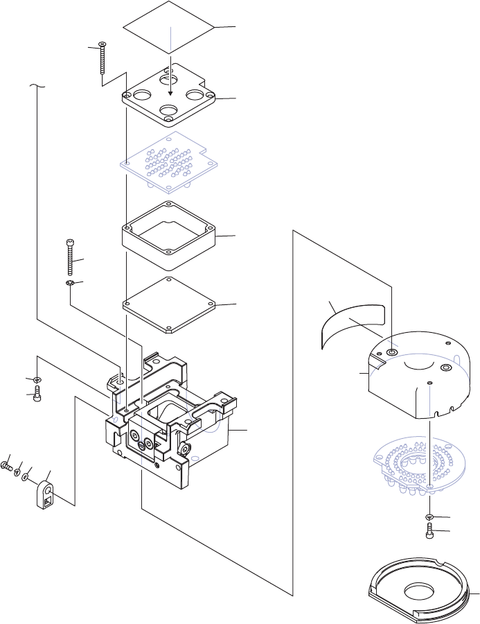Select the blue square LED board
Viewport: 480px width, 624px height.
[x=170, y=161]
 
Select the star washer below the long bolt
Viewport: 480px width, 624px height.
[x=70, y=284]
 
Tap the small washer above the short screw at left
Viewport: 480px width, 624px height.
[x=37, y=379]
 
